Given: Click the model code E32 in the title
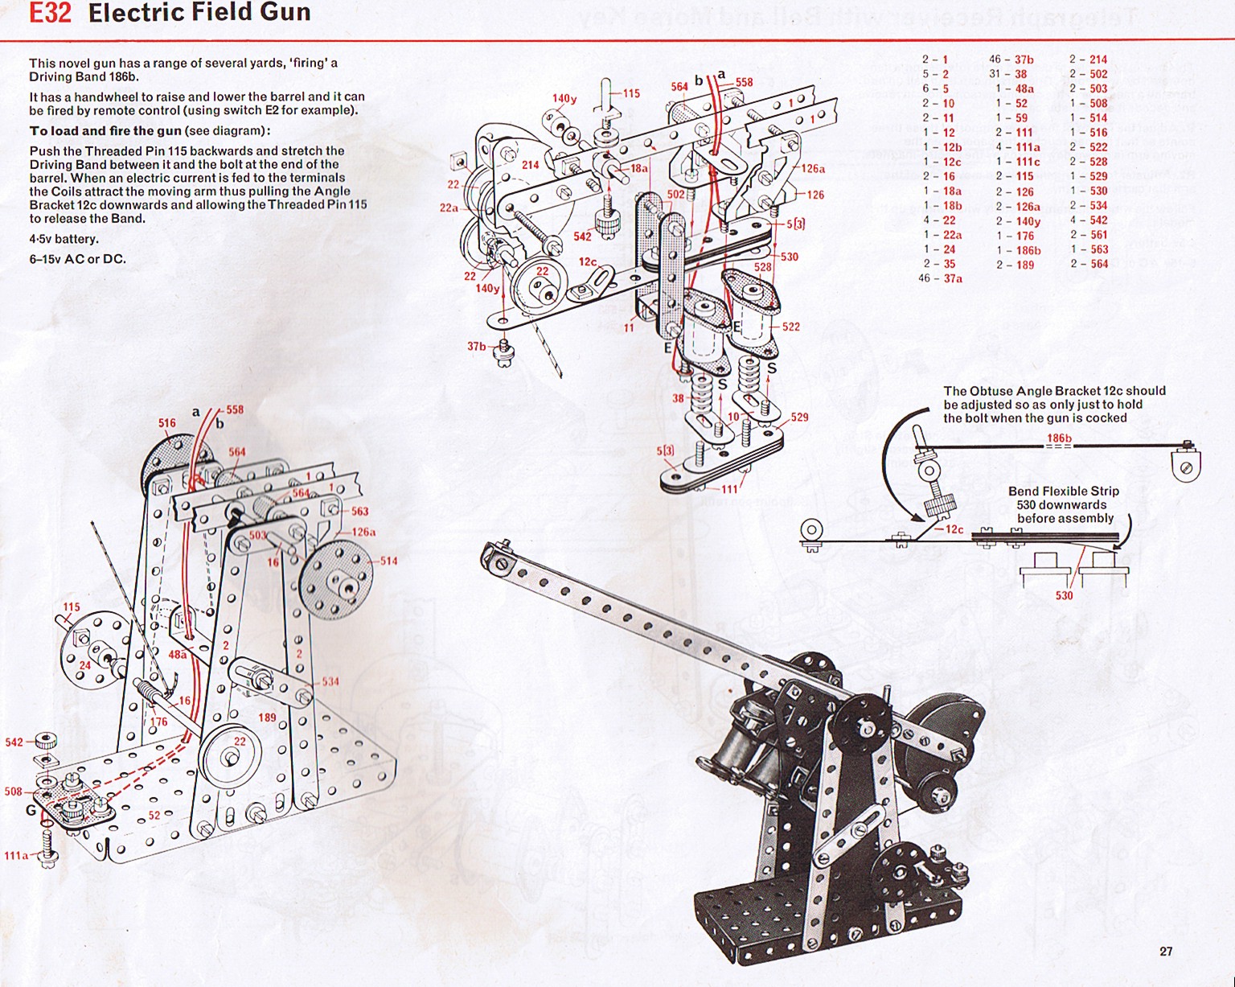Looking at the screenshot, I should [50, 14].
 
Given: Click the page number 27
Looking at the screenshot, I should [1166, 952].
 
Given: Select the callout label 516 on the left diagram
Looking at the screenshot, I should [166, 423].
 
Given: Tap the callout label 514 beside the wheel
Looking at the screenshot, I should [389, 561].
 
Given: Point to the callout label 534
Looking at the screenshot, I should [330, 681].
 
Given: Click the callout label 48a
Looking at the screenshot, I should [177, 655].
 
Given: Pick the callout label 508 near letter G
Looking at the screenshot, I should [14, 792].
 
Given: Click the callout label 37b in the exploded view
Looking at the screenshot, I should [477, 347].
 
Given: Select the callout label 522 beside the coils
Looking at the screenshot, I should [791, 327].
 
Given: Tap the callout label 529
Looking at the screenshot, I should [799, 417].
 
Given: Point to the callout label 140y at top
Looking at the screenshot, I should [564, 99].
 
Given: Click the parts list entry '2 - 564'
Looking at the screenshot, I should [1089, 264].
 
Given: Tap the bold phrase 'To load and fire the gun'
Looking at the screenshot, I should [105, 131].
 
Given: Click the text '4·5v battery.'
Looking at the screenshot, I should [64, 239].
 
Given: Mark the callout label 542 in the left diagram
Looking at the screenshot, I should [14, 742].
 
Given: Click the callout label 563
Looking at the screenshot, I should [359, 511].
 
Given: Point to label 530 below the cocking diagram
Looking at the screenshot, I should [1064, 595].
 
